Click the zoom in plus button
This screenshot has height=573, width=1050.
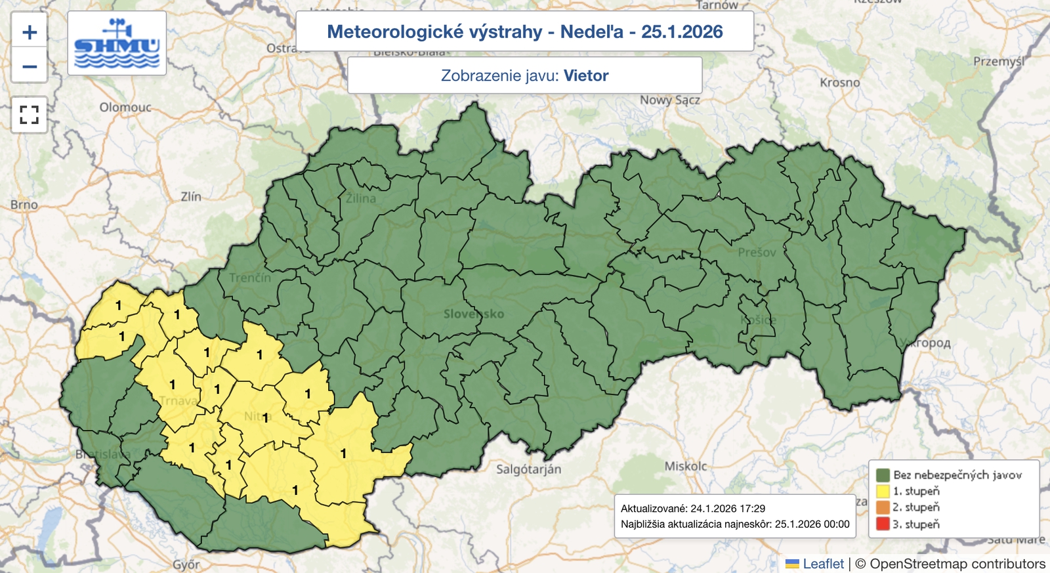click(x=30, y=32)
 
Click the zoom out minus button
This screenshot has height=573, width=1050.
click(x=30, y=66)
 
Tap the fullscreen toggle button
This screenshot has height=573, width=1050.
click(x=30, y=115)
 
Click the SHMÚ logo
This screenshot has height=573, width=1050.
click(x=117, y=43)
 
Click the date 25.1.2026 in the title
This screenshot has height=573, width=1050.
click(x=682, y=32)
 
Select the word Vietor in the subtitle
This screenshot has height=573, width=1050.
click(x=586, y=75)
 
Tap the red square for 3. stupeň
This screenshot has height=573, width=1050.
click(x=883, y=524)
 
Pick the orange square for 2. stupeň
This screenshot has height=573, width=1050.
click(x=883, y=507)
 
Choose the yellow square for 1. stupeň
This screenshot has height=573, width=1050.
click(x=883, y=491)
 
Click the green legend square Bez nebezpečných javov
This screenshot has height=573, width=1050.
click(x=883, y=475)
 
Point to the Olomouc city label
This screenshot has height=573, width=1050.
click(x=125, y=107)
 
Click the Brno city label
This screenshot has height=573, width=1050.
click(x=24, y=205)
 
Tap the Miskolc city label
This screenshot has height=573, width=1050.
click(x=686, y=466)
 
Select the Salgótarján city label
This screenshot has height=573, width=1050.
click(x=528, y=469)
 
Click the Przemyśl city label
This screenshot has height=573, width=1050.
click(x=998, y=62)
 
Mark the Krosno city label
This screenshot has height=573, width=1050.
click(x=839, y=83)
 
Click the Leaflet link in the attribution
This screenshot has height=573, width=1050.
click(x=823, y=564)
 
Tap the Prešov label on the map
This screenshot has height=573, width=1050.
click(x=757, y=253)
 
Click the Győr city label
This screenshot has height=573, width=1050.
click(x=186, y=564)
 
